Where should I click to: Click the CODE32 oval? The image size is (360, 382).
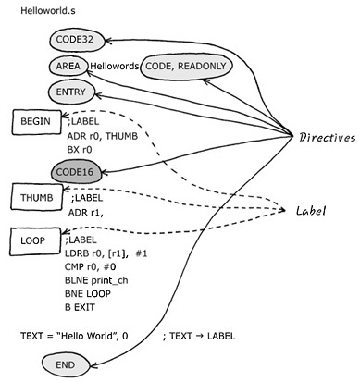point(77,40)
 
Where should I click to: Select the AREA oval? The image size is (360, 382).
point(68,66)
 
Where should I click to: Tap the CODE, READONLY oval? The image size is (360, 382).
point(186,67)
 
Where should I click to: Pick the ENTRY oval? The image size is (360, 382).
point(71,92)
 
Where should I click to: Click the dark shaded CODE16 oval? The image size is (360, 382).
point(76,172)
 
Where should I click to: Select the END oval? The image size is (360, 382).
point(66,365)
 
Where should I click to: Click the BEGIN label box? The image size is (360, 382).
point(36,122)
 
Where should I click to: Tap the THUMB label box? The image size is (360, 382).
point(37,197)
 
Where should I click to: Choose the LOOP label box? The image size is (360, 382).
point(35,241)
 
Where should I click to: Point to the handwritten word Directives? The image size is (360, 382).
point(327,137)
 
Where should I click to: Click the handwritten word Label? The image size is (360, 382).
point(311,211)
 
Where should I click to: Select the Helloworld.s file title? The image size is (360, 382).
point(48,11)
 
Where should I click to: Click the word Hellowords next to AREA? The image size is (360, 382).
point(114,66)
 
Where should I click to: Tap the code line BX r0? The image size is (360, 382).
point(80,150)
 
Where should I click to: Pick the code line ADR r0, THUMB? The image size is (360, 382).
point(103,136)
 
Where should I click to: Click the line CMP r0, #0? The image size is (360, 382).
point(91,266)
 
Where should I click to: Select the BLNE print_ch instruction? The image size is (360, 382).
point(96,280)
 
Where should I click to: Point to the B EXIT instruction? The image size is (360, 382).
point(80,307)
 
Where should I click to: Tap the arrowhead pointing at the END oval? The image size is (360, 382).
point(93,365)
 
